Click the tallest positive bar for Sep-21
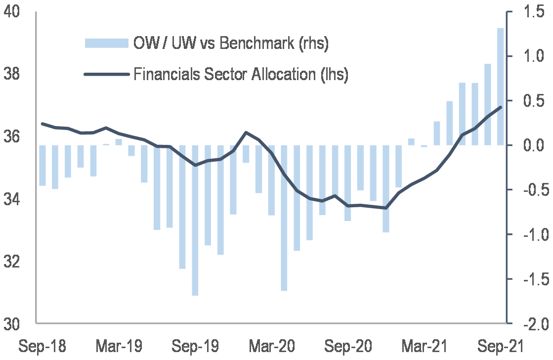(x=500, y=87)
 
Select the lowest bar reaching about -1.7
(x=195, y=220)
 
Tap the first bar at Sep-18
(x=42, y=166)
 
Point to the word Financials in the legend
(x=166, y=74)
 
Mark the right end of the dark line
(x=501, y=107)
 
